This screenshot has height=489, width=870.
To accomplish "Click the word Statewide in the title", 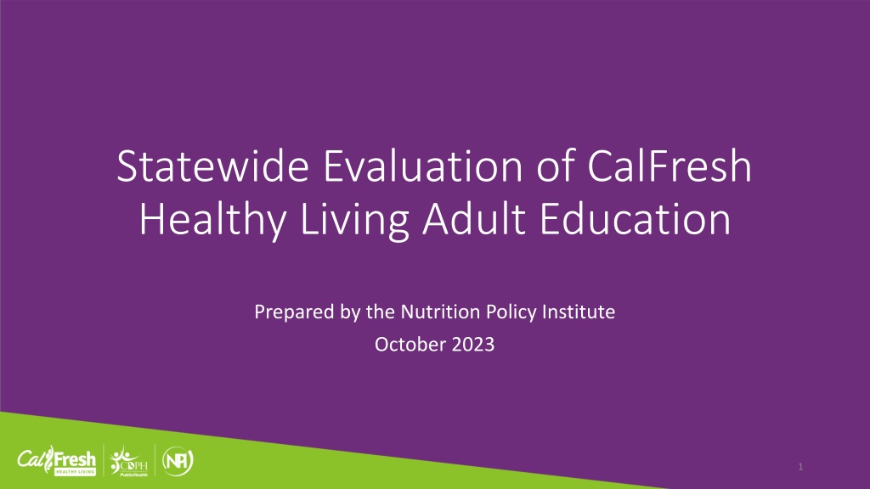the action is pos(212,166).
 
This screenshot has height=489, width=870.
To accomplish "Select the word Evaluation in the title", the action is pos(423,166).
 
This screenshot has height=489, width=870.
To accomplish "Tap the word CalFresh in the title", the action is pos(669,166).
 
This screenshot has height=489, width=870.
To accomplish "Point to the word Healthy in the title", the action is pos(212,221).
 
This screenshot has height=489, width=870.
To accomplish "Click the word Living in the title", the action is pos(354,221).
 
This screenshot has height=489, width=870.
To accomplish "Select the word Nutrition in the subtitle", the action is pos(440,312).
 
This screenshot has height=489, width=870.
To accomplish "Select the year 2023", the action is pos(473,345).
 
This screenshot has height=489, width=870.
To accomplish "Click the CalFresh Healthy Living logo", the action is pos(57,461).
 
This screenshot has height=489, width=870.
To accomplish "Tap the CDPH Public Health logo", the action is pos(129,461).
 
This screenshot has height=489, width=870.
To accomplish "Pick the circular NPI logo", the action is pos(178,461).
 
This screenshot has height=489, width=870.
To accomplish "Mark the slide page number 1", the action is pos(800,467).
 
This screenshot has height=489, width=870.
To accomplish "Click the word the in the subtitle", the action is pos(381,312).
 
